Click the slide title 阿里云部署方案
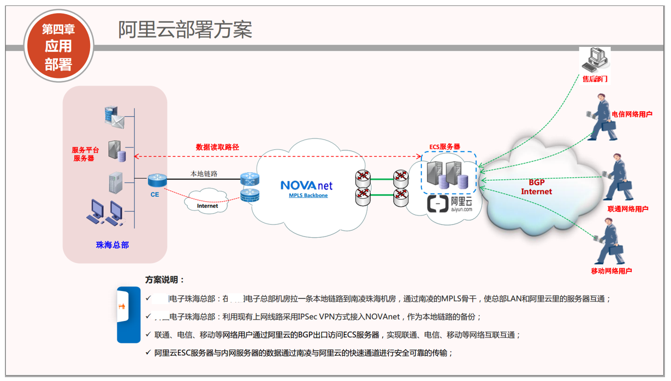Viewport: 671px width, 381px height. tap(186, 29)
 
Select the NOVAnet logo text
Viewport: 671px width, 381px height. tap(306, 185)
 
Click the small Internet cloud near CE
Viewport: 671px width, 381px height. tap(207, 203)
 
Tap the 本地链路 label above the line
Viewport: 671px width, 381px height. tap(204, 173)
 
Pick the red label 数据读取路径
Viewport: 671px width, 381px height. tap(217, 147)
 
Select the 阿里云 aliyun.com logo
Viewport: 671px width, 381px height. tap(451, 204)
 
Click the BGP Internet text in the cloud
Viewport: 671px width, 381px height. tap(536, 187)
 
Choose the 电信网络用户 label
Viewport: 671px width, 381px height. tap(632, 114)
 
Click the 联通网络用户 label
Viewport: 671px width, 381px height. tap(628, 209)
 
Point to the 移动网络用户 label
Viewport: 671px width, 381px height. tap(611, 270)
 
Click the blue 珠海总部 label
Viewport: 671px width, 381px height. tap(112, 245)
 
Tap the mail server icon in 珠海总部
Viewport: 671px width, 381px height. tap(115, 117)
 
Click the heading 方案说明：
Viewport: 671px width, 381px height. tap(165, 280)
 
